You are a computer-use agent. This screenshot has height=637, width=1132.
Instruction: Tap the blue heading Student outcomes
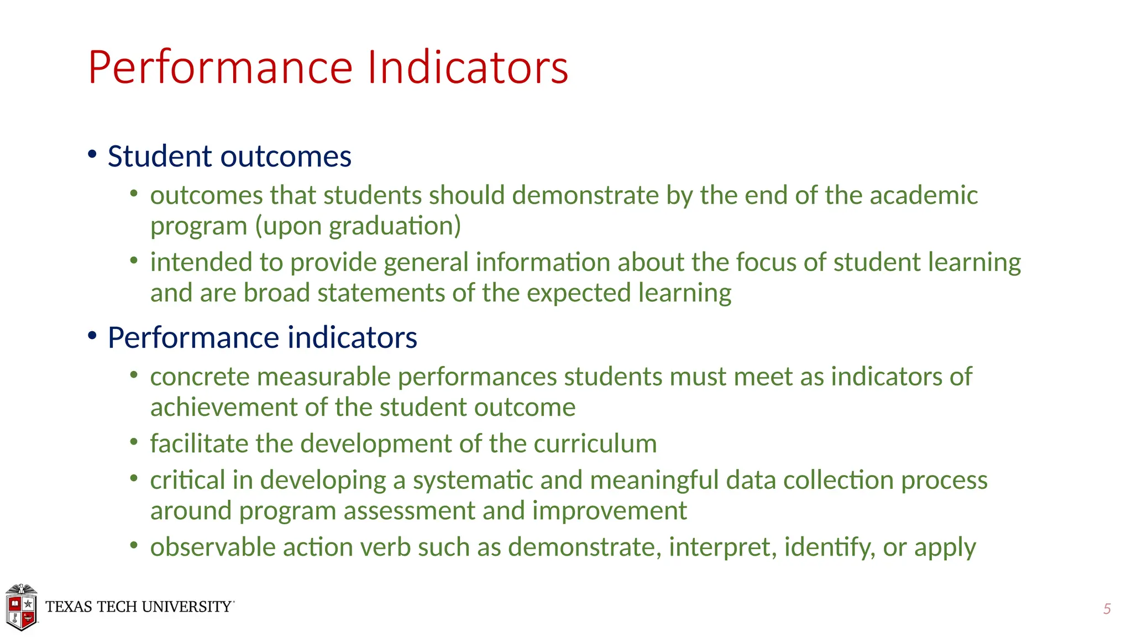[x=229, y=156]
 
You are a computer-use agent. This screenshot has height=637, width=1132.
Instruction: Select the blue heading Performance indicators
[x=262, y=338]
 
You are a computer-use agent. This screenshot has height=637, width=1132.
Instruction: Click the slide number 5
[x=1107, y=609]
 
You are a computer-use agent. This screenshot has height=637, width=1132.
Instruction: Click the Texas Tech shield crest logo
[x=21, y=607]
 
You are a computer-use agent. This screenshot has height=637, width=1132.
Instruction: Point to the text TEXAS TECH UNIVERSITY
[x=139, y=607]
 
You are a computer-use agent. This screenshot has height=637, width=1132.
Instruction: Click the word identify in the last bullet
[x=829, y=547]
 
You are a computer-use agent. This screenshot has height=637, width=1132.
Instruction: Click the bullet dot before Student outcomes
[x=92, y=153]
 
